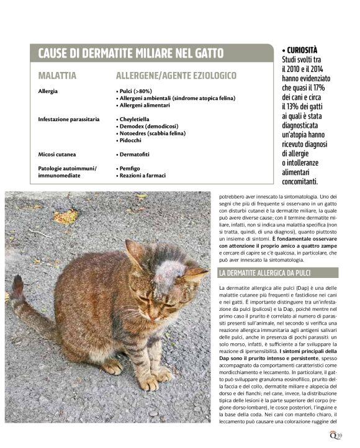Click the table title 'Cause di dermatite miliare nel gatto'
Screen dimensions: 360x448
130,53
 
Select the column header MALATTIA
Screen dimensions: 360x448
57,76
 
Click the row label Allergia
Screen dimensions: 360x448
48,91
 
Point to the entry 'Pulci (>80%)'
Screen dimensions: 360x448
136,91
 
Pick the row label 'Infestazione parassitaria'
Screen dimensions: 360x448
69,119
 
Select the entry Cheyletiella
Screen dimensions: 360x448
137,119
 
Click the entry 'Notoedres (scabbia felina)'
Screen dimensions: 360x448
153,133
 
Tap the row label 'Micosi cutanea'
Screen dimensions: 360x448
56,154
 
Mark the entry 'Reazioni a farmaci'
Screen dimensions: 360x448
143,176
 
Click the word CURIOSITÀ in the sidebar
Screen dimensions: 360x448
302,50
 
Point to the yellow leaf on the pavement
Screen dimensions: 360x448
65,216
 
